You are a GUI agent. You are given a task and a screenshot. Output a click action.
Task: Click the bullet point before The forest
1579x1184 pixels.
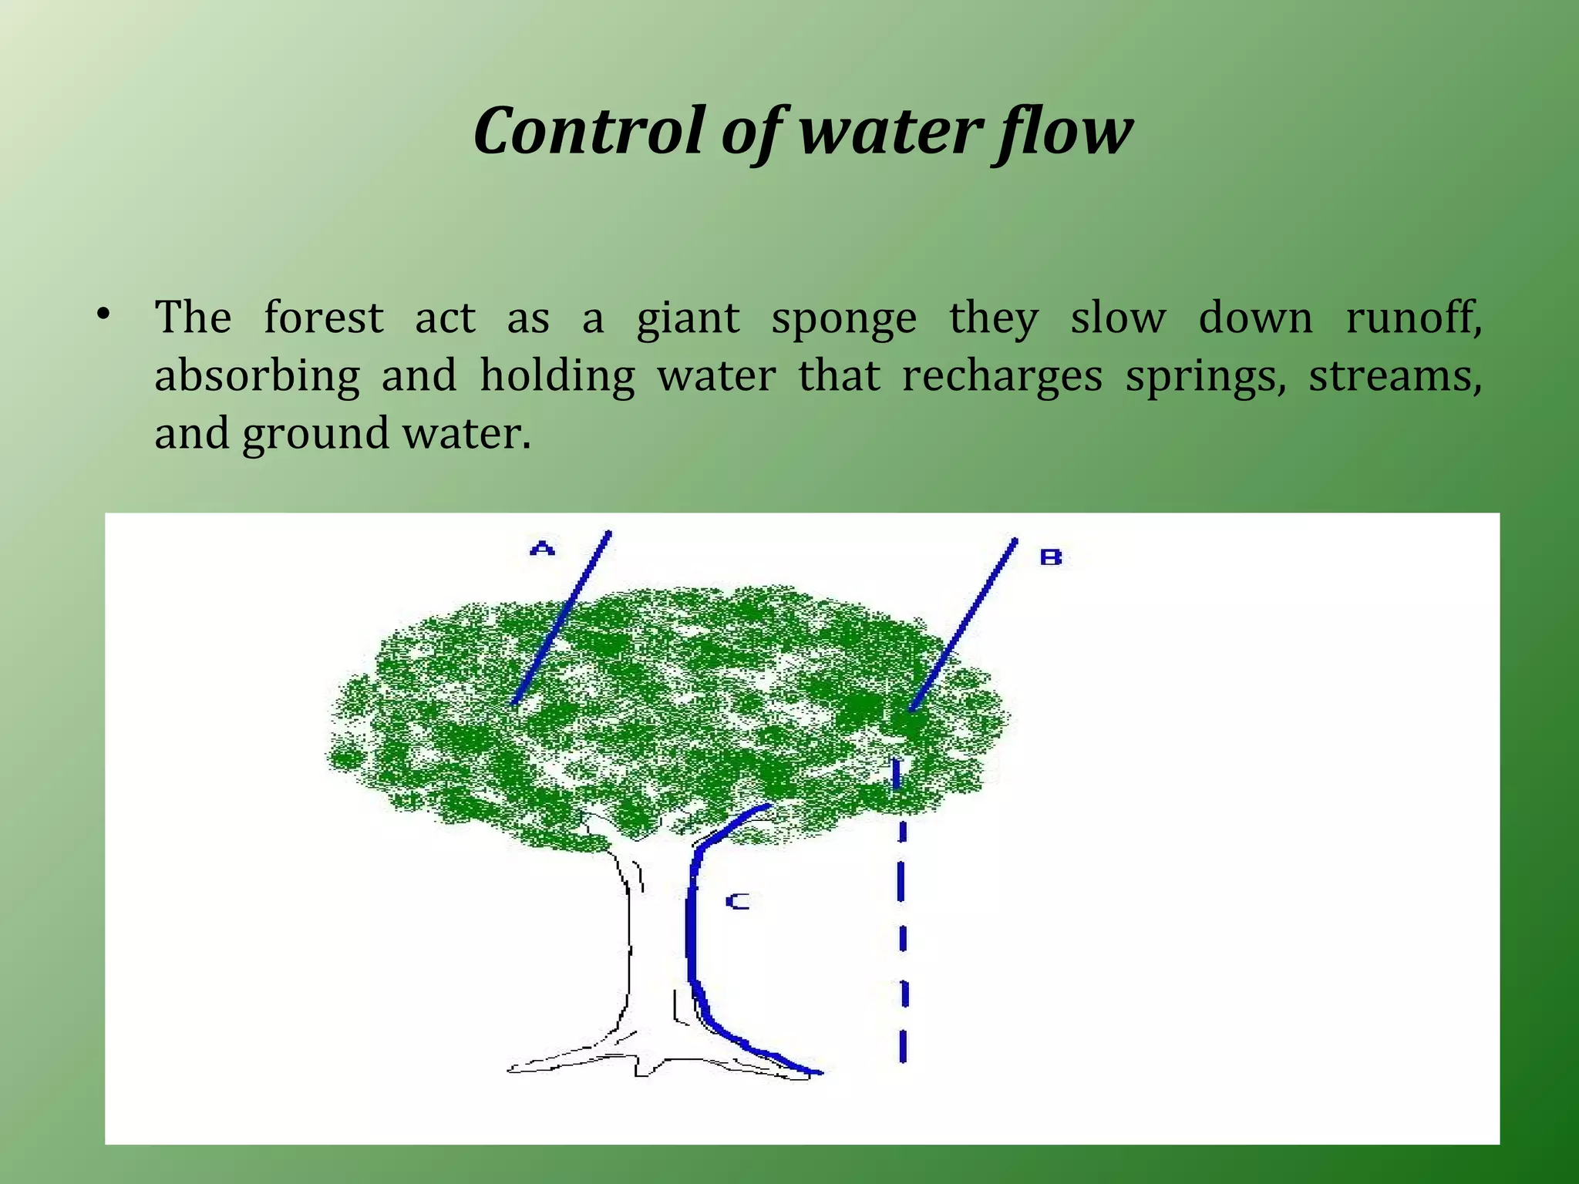103,314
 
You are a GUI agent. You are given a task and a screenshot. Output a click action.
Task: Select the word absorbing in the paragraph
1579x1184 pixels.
257,378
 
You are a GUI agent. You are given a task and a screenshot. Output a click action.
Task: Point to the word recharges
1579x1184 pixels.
1002,378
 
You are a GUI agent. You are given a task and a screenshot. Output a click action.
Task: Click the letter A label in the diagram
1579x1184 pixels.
543,549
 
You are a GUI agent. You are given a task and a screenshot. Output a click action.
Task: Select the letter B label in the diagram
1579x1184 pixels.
1051,557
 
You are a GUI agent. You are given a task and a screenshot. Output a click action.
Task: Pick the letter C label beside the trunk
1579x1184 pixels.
738,901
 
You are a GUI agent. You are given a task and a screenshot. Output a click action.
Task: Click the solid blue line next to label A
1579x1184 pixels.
562,617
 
